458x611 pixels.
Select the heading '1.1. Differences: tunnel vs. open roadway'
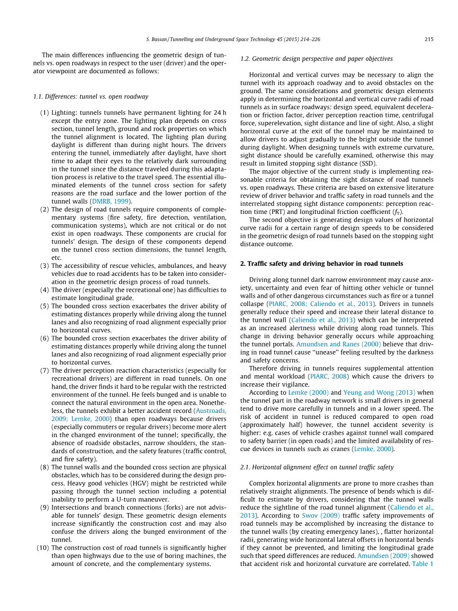click(x=91, y=97)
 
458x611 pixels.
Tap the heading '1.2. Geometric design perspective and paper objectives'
click(x=316, y=59)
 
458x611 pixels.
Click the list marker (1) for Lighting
click(x=45, y=113)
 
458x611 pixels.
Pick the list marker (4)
click(x=45, y=290)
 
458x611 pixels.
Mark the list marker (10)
click(x=43, y=548)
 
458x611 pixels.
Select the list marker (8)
click(x=45, y=467)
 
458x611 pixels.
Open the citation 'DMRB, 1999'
click(x=114, y=202)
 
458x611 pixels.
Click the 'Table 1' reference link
click(x=422, y=564)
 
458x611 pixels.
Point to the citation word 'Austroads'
click(x=212, y=411)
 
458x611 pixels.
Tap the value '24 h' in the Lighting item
click(x=217, y=113)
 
